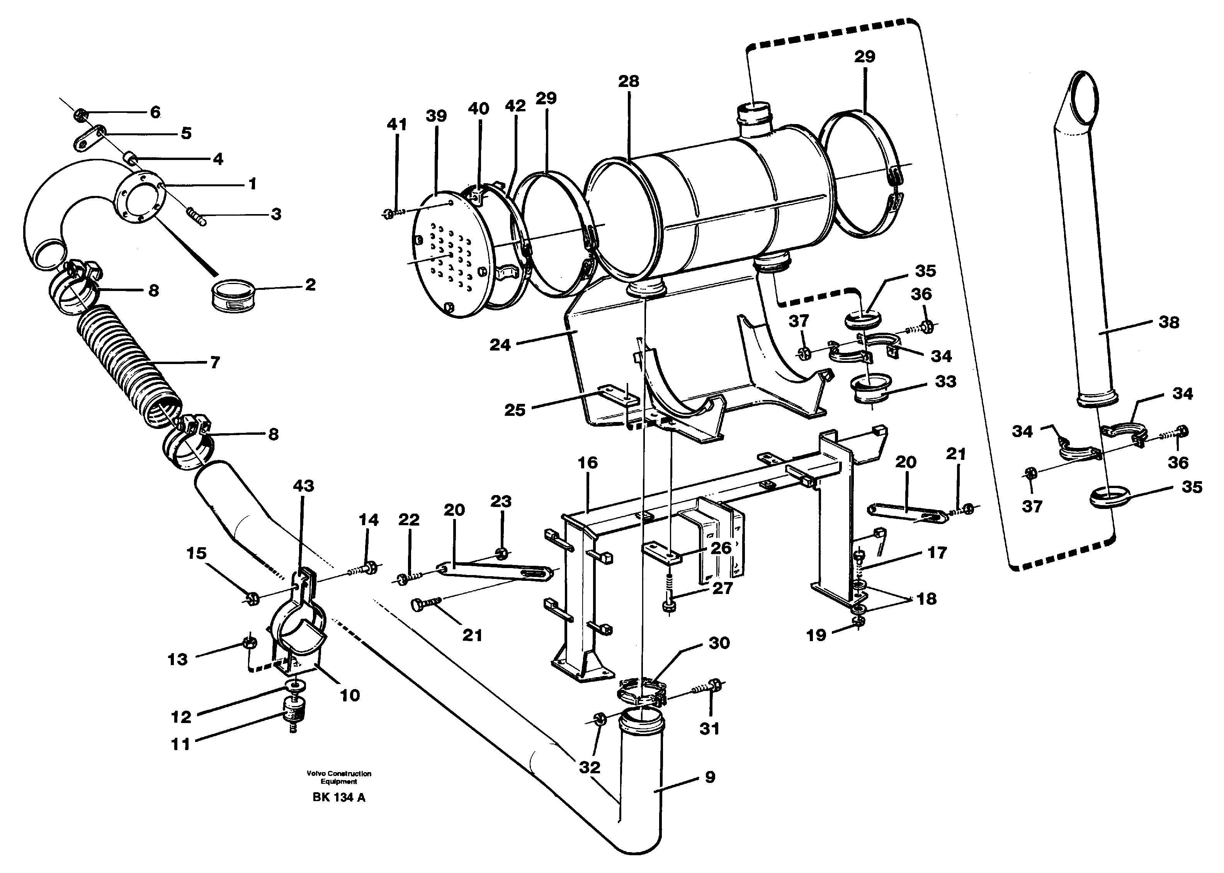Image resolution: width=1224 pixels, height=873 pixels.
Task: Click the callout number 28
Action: click(x=628, y=82)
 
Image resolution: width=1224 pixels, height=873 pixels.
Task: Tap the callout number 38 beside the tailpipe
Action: click(x=1169, y=323)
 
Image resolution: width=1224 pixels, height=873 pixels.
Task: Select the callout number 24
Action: click(x=500, y=345)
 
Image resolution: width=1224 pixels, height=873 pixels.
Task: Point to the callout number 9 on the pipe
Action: click(x=710, y=777)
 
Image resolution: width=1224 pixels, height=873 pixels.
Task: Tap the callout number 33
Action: click(x=946, y=382)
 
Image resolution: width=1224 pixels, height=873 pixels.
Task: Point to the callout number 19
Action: click(x=816, y=635)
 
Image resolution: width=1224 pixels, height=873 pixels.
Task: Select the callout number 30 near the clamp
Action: click(x=719, y=643)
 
